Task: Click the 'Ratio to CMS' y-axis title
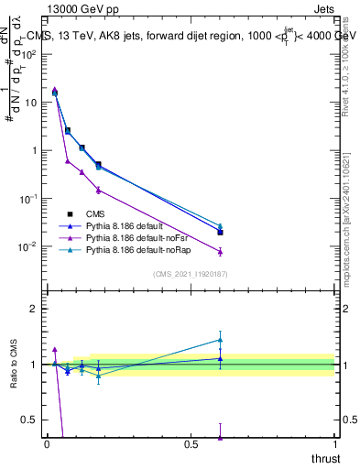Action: pos(14,365)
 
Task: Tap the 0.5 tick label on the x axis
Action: pos(191,444)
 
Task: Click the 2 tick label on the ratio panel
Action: pos(35,309)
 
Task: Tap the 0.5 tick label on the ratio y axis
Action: pos(31,420)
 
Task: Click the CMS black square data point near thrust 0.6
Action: pos(220,233)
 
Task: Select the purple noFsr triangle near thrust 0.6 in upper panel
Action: pos(220,251)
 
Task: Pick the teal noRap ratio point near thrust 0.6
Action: pos(220,340)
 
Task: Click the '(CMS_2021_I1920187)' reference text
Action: pos(191,274)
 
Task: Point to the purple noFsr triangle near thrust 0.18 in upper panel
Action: pos(98,190)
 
